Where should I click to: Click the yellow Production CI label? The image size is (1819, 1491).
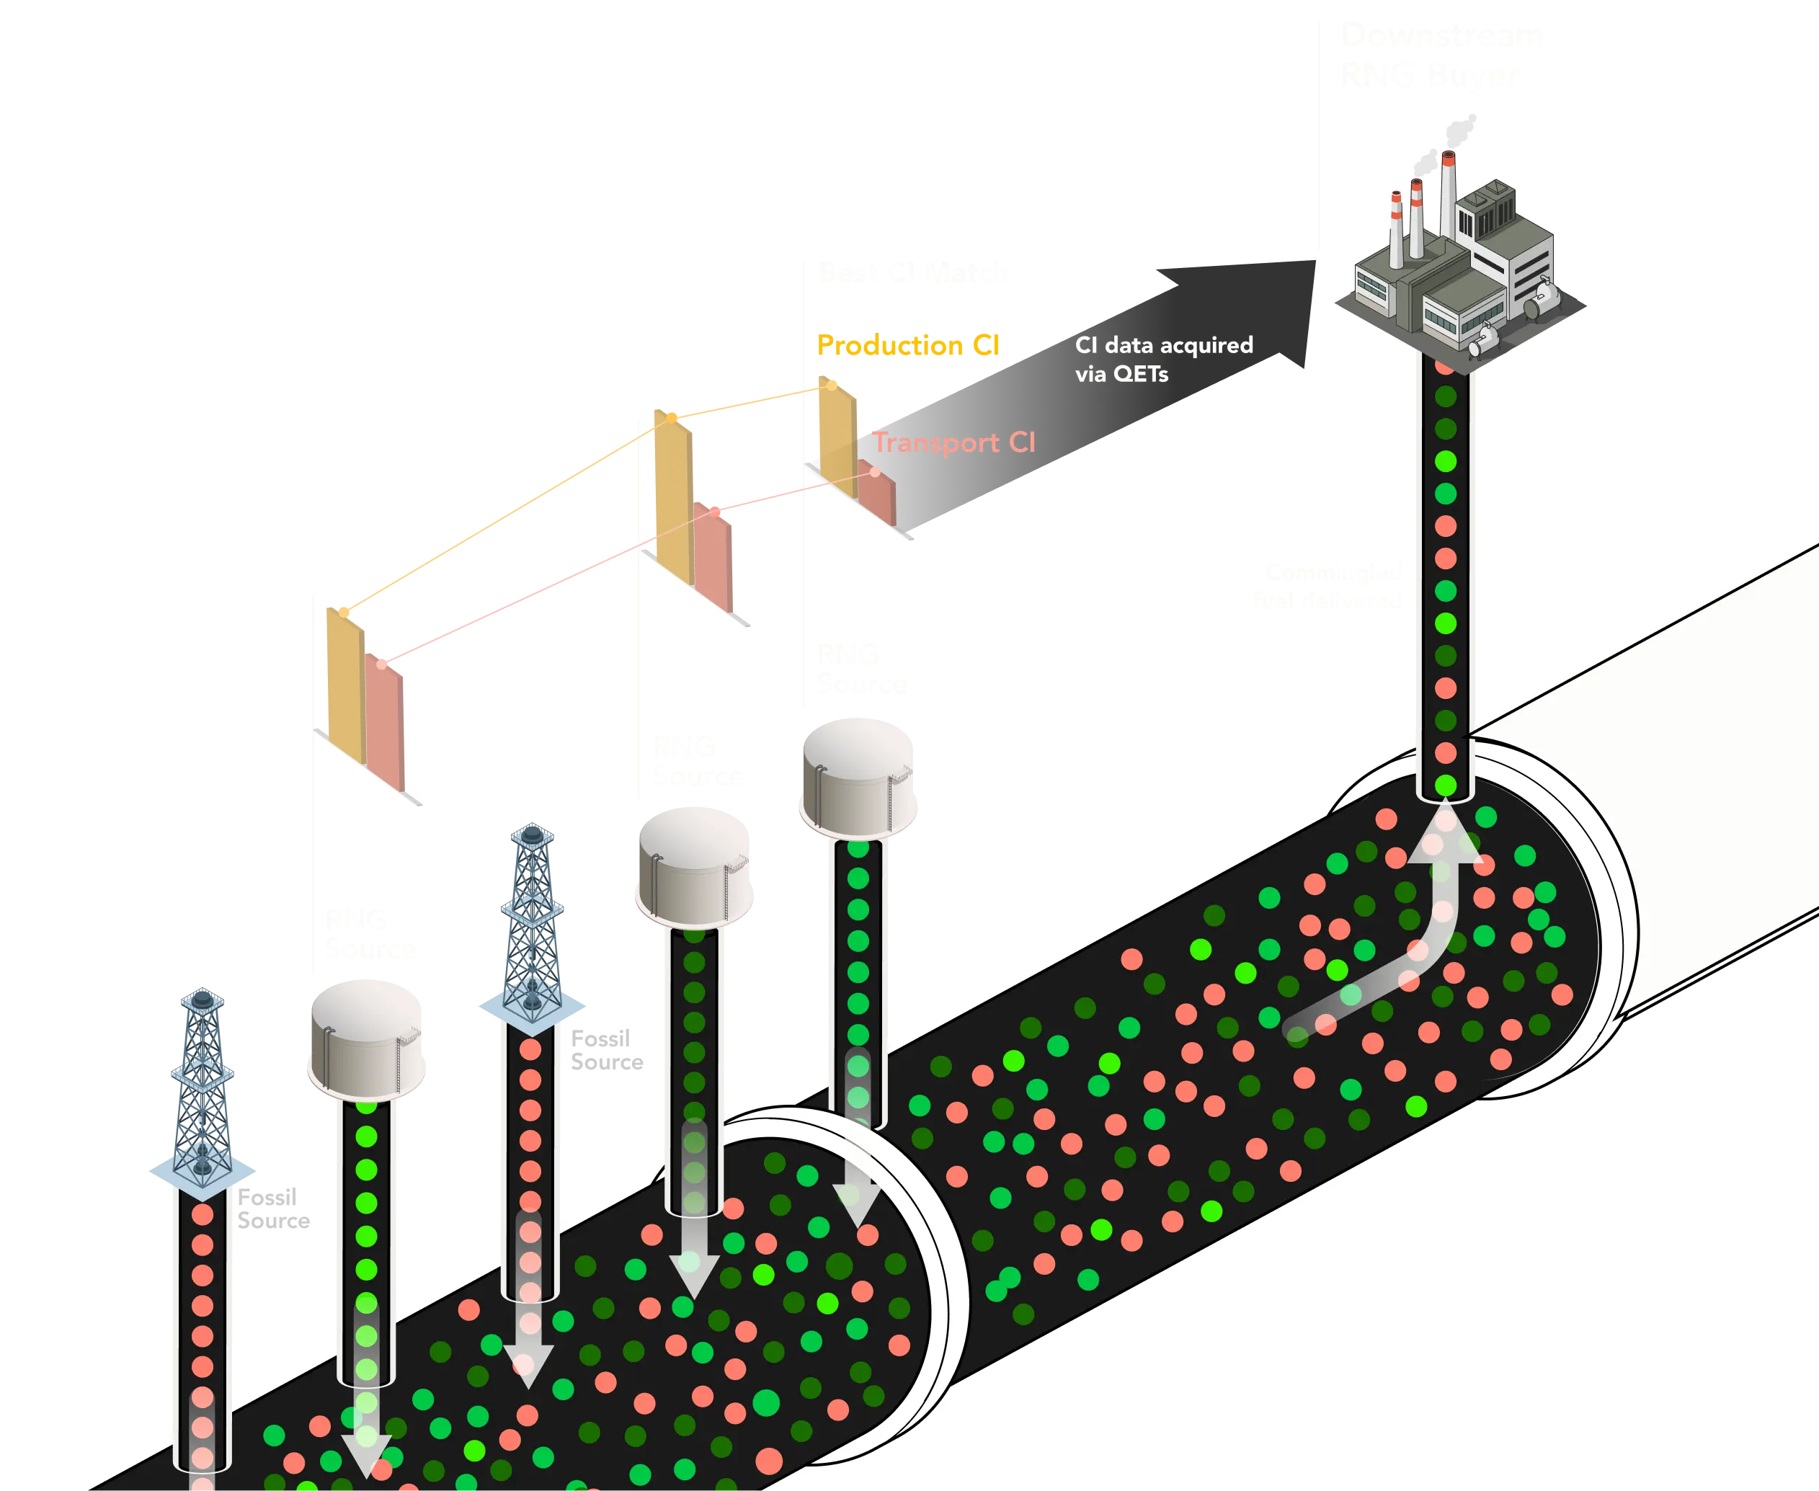[909, 345]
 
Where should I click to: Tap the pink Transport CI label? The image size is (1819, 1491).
[953, 442]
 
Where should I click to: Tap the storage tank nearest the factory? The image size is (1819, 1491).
[859, 778]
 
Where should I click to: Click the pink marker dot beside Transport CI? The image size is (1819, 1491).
[874, 471]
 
